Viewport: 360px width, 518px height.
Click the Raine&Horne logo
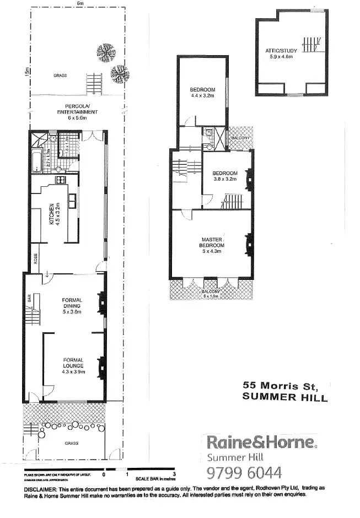[261, 441]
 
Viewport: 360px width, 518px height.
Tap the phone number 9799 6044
[244, 472]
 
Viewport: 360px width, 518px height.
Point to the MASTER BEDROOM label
[211, 243]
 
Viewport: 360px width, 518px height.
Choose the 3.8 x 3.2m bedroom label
[225, 176]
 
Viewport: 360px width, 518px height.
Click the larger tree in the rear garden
[105, 53]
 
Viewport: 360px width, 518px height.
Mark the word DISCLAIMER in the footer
[41, 489]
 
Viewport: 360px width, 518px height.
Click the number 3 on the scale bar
[174, 474]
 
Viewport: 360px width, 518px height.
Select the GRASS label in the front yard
[71, 443]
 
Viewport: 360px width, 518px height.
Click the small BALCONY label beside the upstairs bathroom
[240, 137]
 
